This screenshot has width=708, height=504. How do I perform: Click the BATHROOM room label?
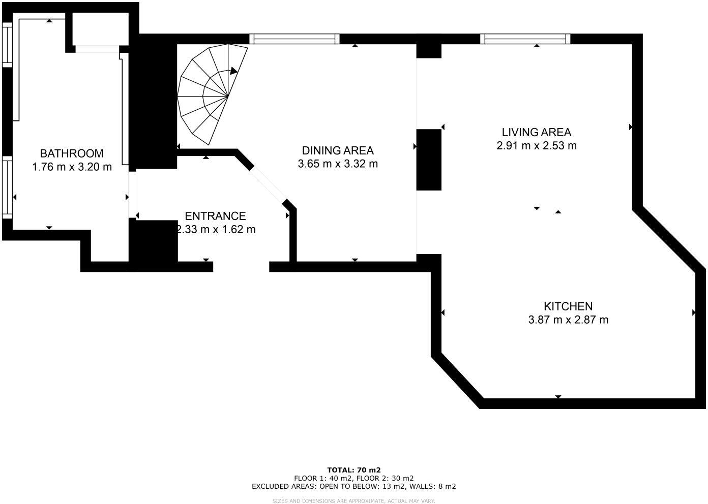[72, 153]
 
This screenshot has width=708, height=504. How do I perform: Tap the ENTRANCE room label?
[215, 216]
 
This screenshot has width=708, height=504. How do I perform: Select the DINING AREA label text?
[338, 150]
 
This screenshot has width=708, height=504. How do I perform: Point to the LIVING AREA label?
[537, 132]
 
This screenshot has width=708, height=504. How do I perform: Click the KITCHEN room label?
[568, 306]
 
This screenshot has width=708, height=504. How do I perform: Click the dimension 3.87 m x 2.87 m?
[568, 320]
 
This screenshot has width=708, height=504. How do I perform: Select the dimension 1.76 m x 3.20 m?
[72, 167]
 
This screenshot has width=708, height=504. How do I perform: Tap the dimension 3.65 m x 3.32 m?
[338, 164]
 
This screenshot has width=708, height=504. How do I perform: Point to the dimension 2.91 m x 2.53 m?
[537, 146]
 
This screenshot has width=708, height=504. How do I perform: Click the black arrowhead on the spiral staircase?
[233, 71]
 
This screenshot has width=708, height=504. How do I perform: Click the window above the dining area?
[294, 39]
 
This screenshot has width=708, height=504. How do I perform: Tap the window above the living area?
[525, 39]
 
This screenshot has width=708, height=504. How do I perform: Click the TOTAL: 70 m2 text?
[354, 470]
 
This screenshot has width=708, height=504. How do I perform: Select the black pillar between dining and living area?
[429, 160]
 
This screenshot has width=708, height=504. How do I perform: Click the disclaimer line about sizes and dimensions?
[354, 501]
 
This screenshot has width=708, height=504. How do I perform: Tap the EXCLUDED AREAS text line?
[354, 486]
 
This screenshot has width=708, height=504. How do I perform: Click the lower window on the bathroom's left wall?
[7, 187]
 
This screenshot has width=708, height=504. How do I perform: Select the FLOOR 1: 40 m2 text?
[323, 478]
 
